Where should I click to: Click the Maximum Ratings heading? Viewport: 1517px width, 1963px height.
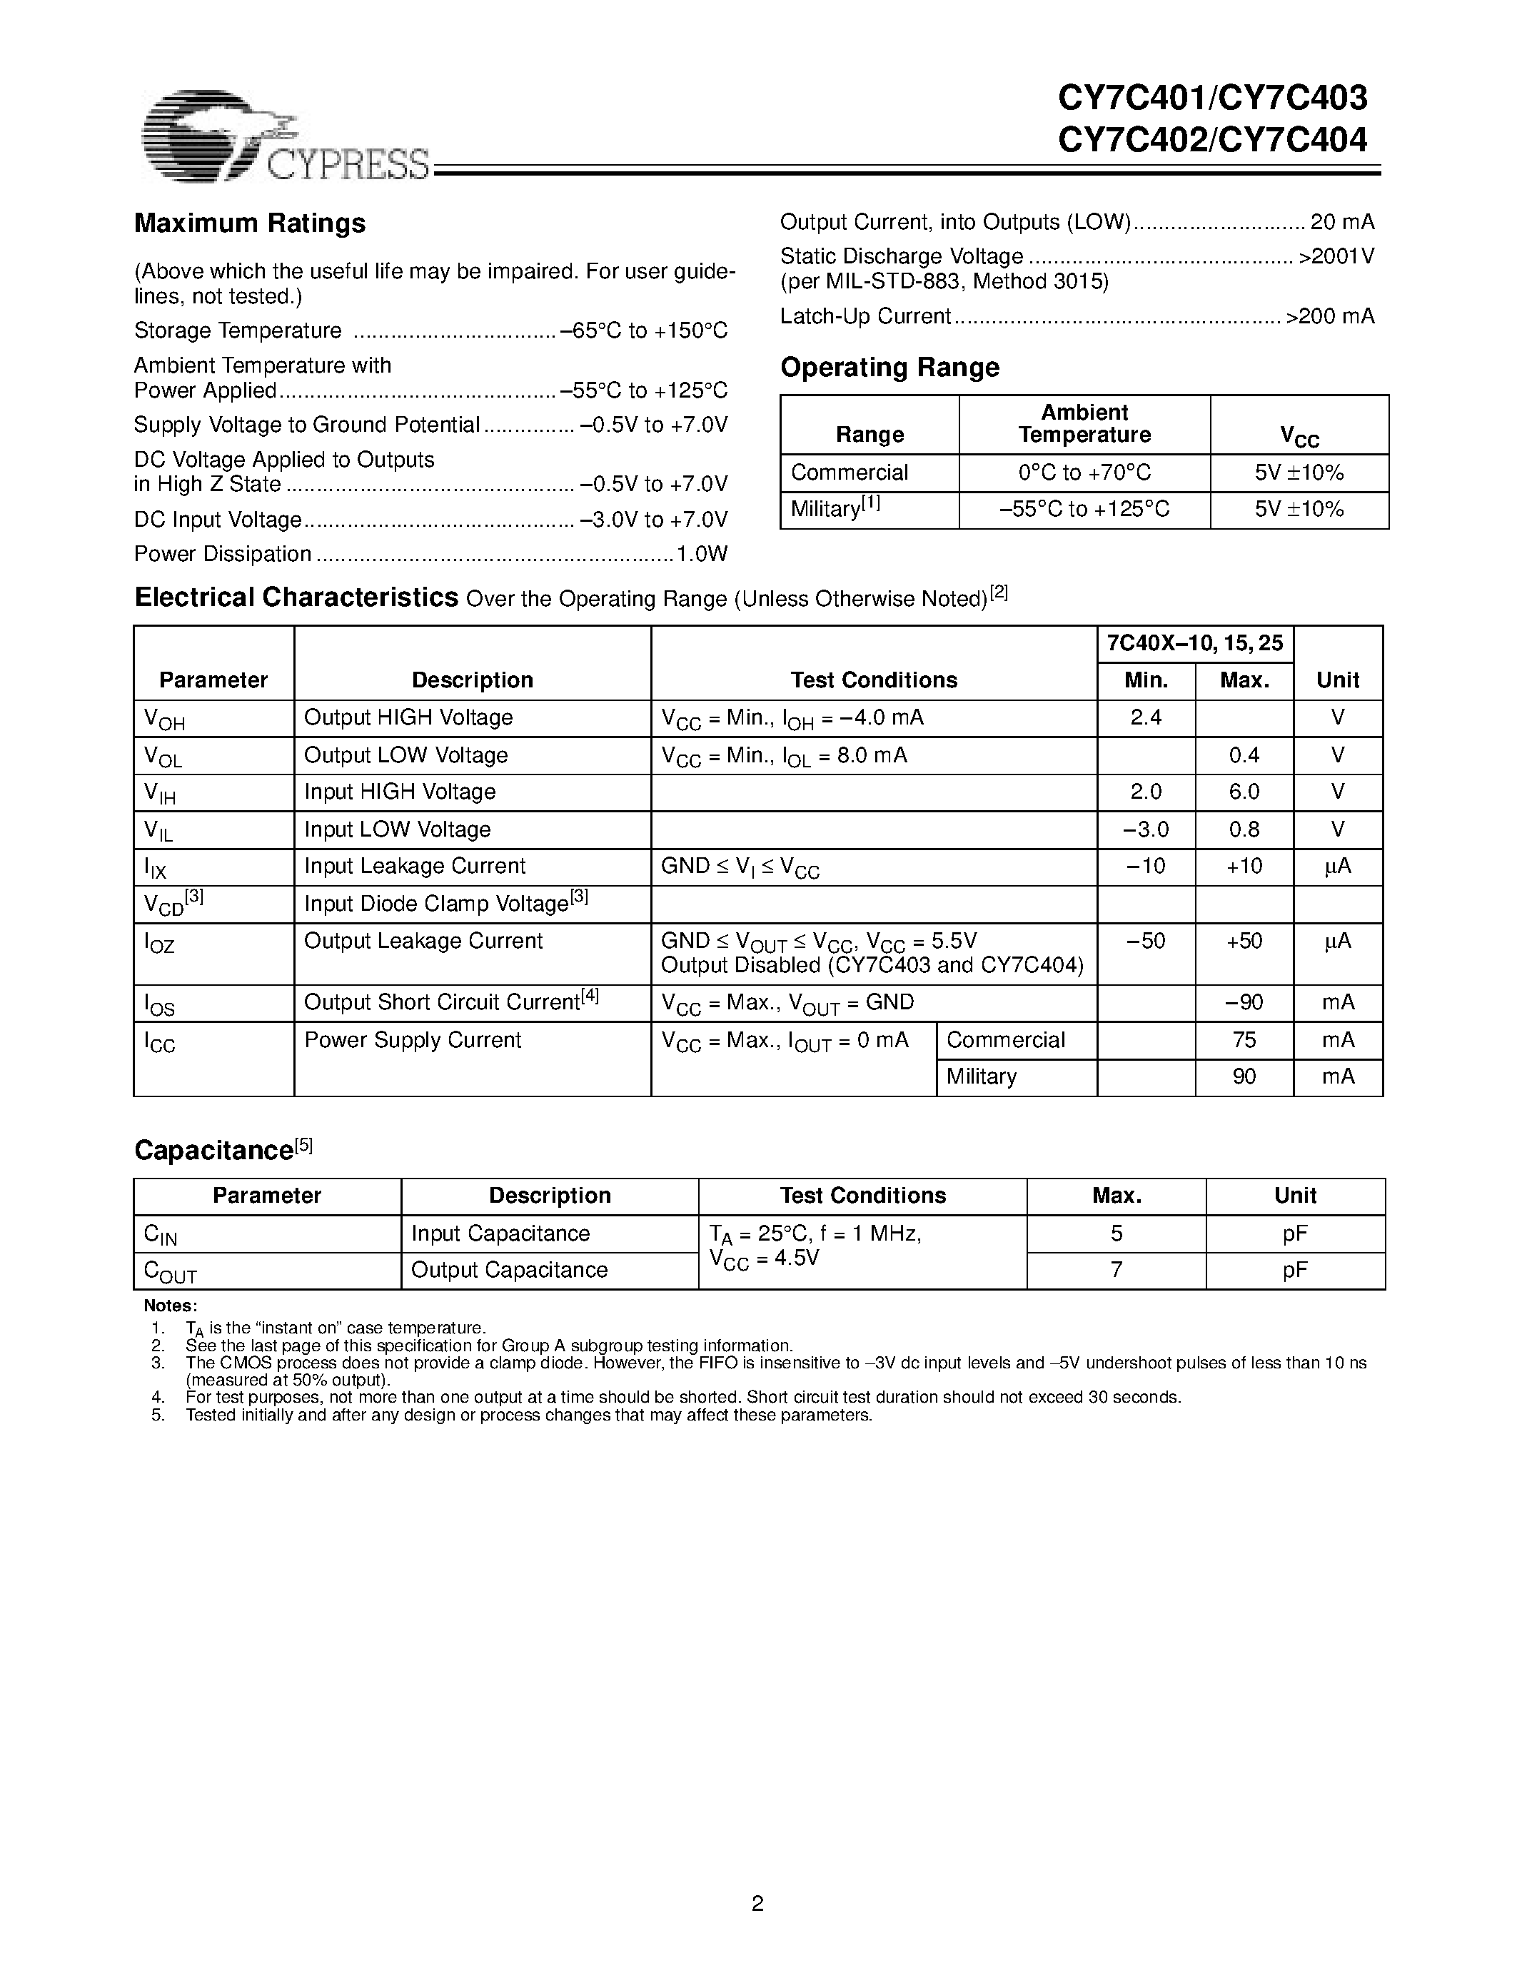pos(249,223)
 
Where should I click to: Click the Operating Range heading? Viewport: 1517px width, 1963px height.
pos(889,368)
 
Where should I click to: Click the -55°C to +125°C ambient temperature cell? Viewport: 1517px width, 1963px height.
pos(1084,510)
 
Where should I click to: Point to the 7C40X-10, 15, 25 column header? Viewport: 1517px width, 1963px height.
pos(1194,644)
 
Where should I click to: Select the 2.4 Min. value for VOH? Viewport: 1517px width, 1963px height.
pos(1145,718)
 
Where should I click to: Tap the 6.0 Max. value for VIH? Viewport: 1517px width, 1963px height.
pos(1244,792)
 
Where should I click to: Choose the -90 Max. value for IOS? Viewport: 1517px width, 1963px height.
pos(1244,1002)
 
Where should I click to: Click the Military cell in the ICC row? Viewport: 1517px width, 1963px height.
pos(982,1076)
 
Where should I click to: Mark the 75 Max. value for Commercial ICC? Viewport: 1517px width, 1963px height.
pos(1244,1040)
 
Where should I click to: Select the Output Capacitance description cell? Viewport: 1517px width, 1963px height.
pos(509,1270)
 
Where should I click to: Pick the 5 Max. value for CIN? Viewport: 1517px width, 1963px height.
pos(1117,1233)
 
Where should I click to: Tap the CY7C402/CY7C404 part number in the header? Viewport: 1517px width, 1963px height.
pos(1212,141)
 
